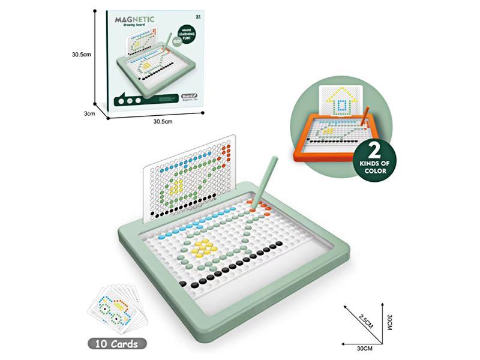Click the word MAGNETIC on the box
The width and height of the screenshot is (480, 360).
point(135,19)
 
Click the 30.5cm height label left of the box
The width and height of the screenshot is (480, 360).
point(81,54)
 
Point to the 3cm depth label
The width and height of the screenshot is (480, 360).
point(90,112)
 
